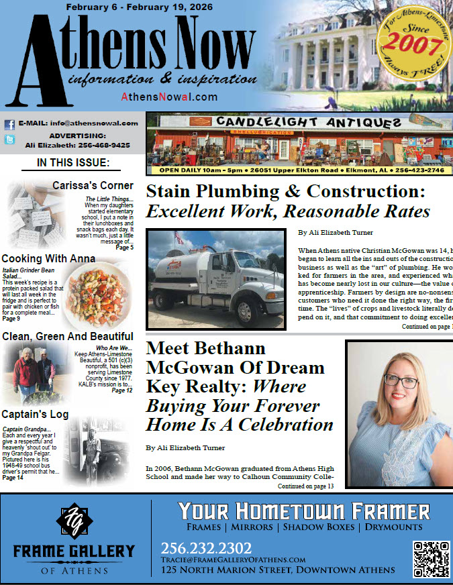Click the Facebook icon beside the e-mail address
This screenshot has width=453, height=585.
coord(10,124)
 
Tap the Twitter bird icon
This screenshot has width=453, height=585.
coord(10,140)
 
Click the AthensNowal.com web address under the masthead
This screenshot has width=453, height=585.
coord(169,97)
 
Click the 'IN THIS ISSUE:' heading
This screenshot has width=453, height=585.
coord(73,162)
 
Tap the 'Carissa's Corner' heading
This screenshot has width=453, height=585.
coord(93,186)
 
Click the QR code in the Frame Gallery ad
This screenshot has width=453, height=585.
coord(430,558)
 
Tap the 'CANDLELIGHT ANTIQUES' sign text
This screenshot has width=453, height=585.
coord(299,123)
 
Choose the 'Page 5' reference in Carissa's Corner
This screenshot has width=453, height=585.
coord(124,248)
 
